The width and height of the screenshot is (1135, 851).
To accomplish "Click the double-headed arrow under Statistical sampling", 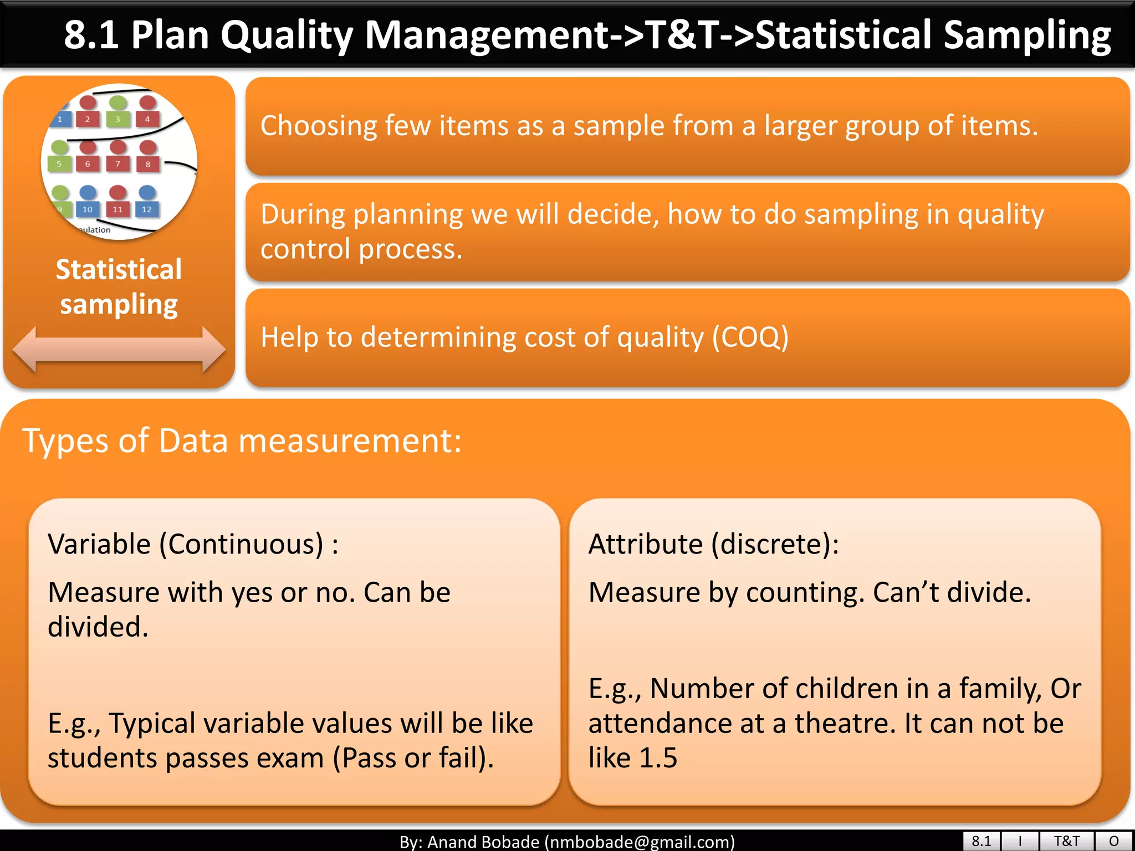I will (119, 349).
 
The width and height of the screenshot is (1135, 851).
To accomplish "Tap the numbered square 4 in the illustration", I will (147, 119).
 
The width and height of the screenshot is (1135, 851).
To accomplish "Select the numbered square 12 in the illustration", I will (146, 209).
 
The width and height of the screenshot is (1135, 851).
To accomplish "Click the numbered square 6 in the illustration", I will (88, 164).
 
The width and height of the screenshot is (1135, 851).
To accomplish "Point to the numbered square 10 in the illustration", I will (88, 209).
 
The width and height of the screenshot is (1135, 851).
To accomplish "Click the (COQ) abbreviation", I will (750, 337).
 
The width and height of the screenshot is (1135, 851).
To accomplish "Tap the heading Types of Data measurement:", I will (242, 441).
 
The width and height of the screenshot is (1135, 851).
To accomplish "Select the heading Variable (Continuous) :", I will (193, 544).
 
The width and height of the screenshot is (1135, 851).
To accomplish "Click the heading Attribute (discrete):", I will (713, 544).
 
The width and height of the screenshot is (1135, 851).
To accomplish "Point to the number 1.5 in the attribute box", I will (658, 757).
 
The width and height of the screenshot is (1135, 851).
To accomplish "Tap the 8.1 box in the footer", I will (981, 841).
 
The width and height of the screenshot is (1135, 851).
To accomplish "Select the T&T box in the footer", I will (1066, 841).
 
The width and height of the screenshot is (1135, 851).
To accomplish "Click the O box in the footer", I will (1114, 841).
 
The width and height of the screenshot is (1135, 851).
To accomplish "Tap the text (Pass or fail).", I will (413, 758).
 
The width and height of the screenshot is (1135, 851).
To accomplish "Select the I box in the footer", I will (1020, 841).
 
